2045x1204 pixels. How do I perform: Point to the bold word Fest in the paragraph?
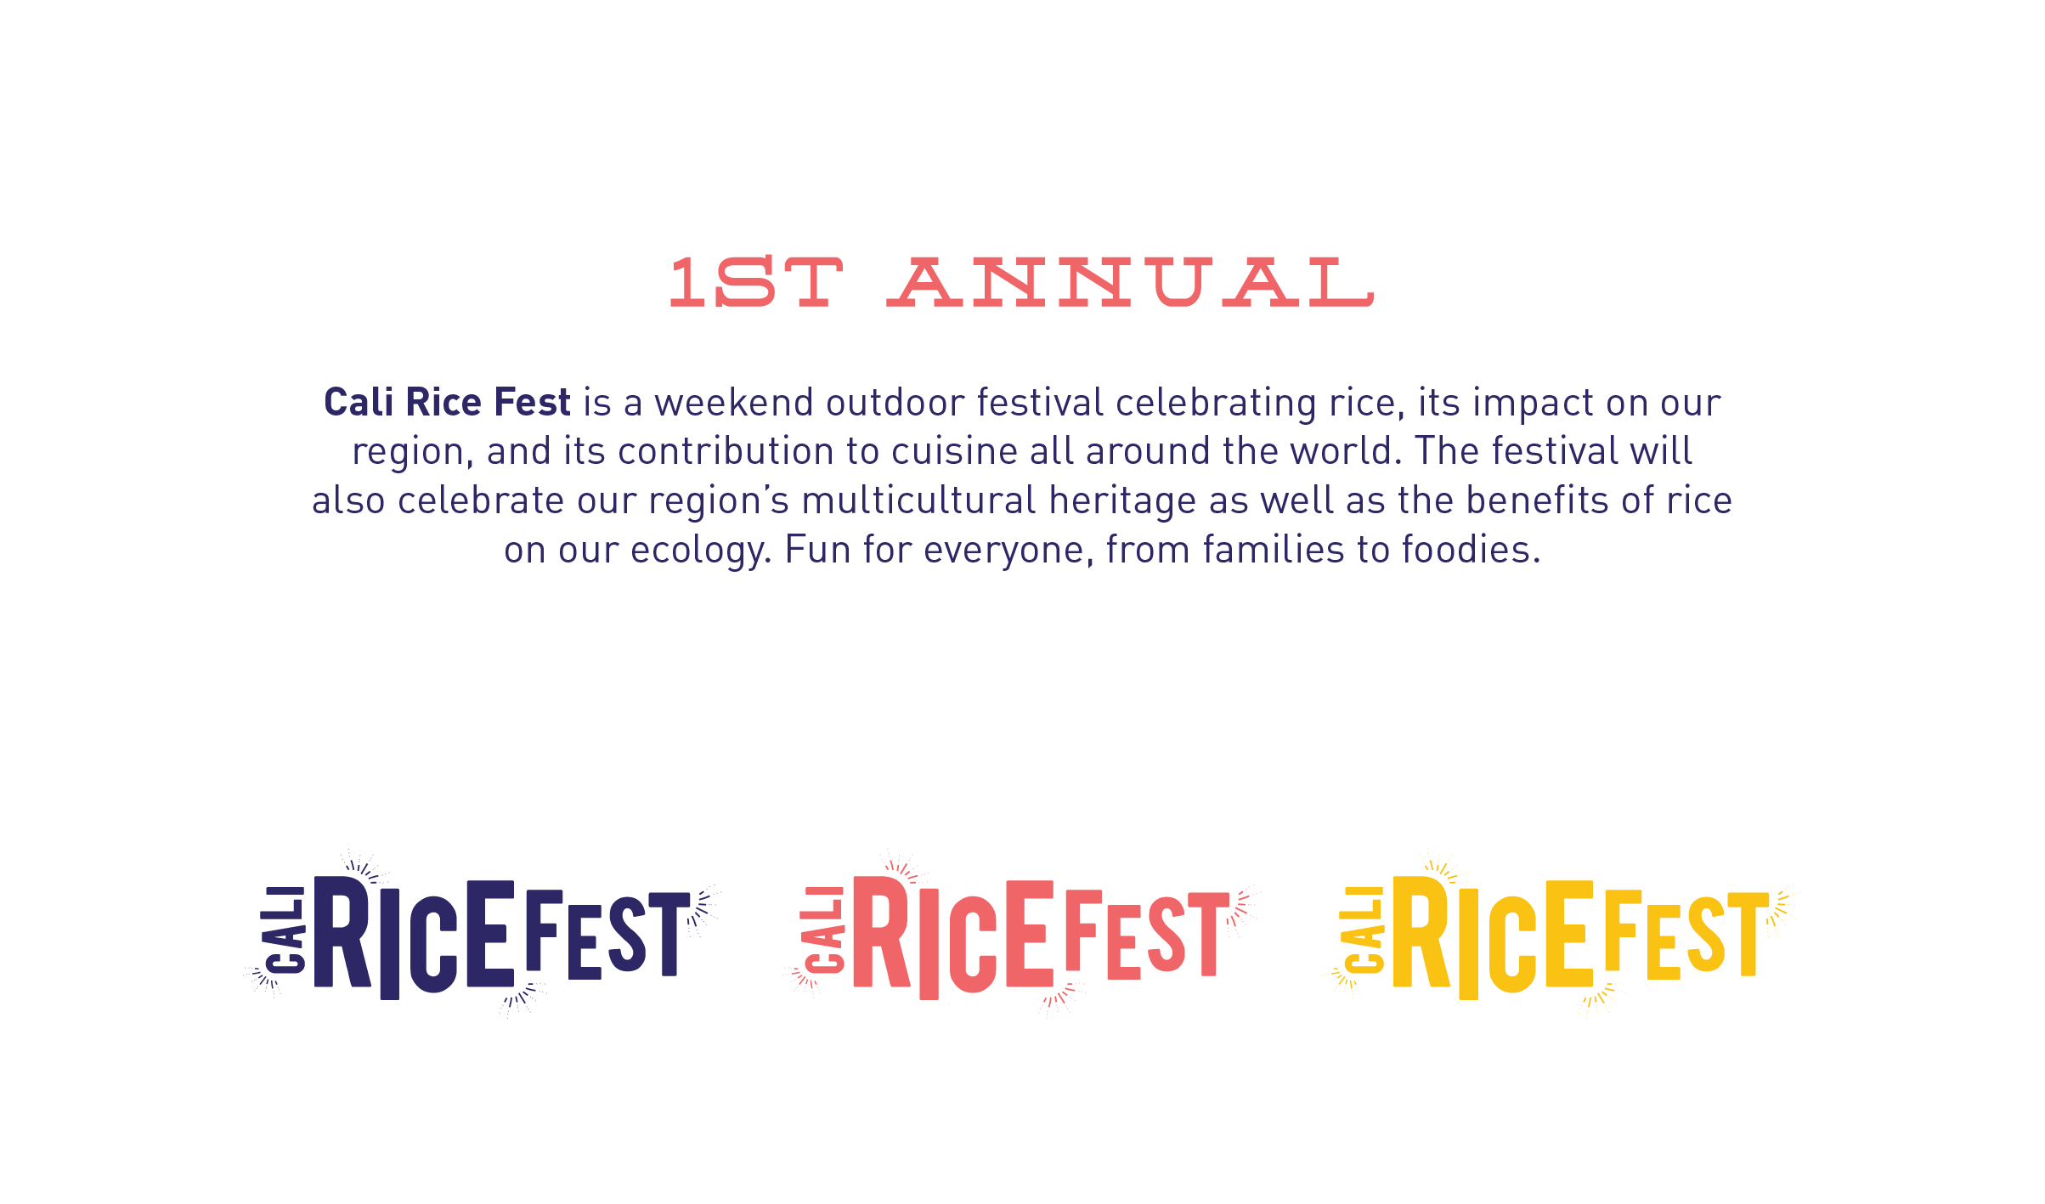click(532, 402)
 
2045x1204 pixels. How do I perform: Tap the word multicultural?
click(918, 500)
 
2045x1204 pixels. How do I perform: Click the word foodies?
click(1471, 550)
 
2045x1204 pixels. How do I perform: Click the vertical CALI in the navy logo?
click(284, 930)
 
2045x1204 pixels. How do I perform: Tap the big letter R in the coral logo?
click(881, 932)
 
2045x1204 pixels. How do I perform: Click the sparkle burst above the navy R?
click(364, 866)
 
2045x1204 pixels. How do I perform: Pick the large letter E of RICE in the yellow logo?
click(1569, 934)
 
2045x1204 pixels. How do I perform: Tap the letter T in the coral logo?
click(1208, 935)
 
